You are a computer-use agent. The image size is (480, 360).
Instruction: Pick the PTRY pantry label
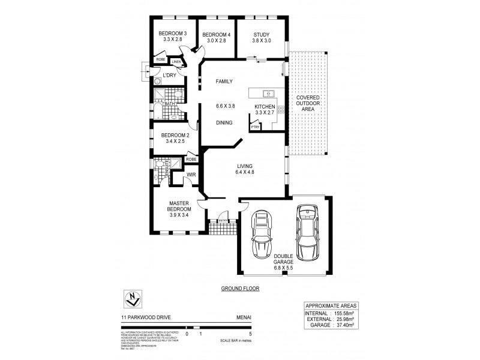click(255, 127)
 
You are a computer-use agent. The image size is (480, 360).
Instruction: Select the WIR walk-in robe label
click(192, 175)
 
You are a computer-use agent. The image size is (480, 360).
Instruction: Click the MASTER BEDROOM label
click(179, 206)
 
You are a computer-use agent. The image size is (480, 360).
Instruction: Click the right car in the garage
click(307, 230)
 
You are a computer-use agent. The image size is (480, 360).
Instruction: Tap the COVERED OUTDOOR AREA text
click(308, 103)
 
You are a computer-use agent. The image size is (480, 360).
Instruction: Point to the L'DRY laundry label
click(170, 75)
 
